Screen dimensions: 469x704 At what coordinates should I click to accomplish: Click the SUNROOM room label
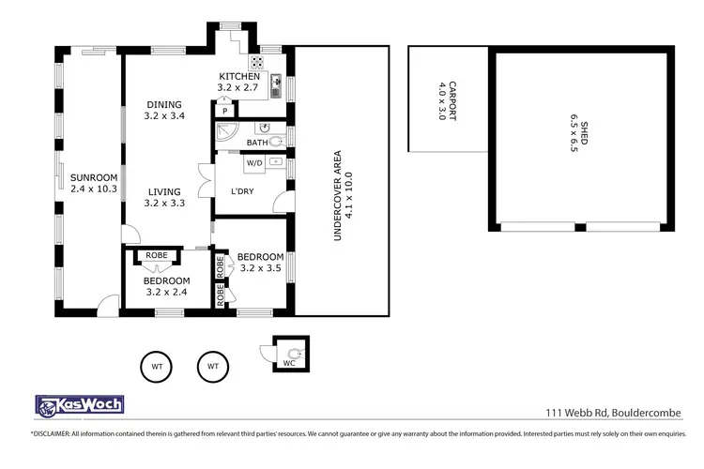[93, 176]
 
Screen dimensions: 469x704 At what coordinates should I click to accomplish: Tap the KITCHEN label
[237, 77]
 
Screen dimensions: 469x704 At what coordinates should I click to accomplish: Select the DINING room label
[163, 105]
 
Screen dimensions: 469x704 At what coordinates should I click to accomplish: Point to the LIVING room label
[163, 191]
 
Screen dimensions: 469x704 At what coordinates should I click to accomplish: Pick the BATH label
[256, 143]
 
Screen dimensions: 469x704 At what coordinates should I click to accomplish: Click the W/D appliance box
[254, 163]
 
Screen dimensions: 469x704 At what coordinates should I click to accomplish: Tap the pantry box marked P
[225, 110]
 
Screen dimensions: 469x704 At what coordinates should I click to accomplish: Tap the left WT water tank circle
[156, 366]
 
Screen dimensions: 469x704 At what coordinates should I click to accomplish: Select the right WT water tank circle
[213, 366]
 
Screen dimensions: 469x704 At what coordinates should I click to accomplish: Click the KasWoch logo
[79, 405]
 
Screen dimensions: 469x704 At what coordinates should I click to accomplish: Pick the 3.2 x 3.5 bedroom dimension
[260, 268]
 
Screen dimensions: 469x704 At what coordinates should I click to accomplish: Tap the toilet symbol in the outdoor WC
[295, 353]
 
